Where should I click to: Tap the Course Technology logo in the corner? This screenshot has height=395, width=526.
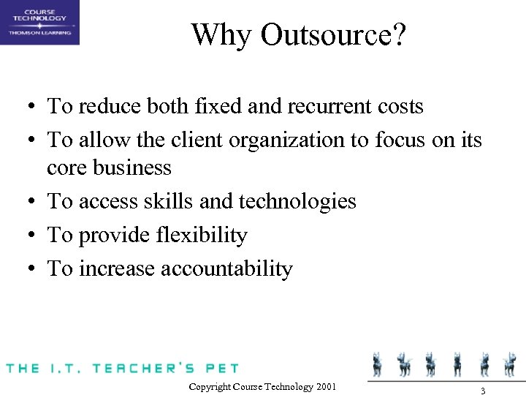pyautogui.click(x=39, y=22)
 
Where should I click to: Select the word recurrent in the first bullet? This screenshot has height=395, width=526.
pyautogui.click(x=321, y=106)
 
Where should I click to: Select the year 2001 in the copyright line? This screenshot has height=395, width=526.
pyautogui.click(x=327, y=386)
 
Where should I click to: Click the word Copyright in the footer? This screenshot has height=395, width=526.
pyautogui.click(x=212, y=386)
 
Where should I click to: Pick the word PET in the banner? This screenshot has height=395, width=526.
pyautogui.click(x=222, y=367)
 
